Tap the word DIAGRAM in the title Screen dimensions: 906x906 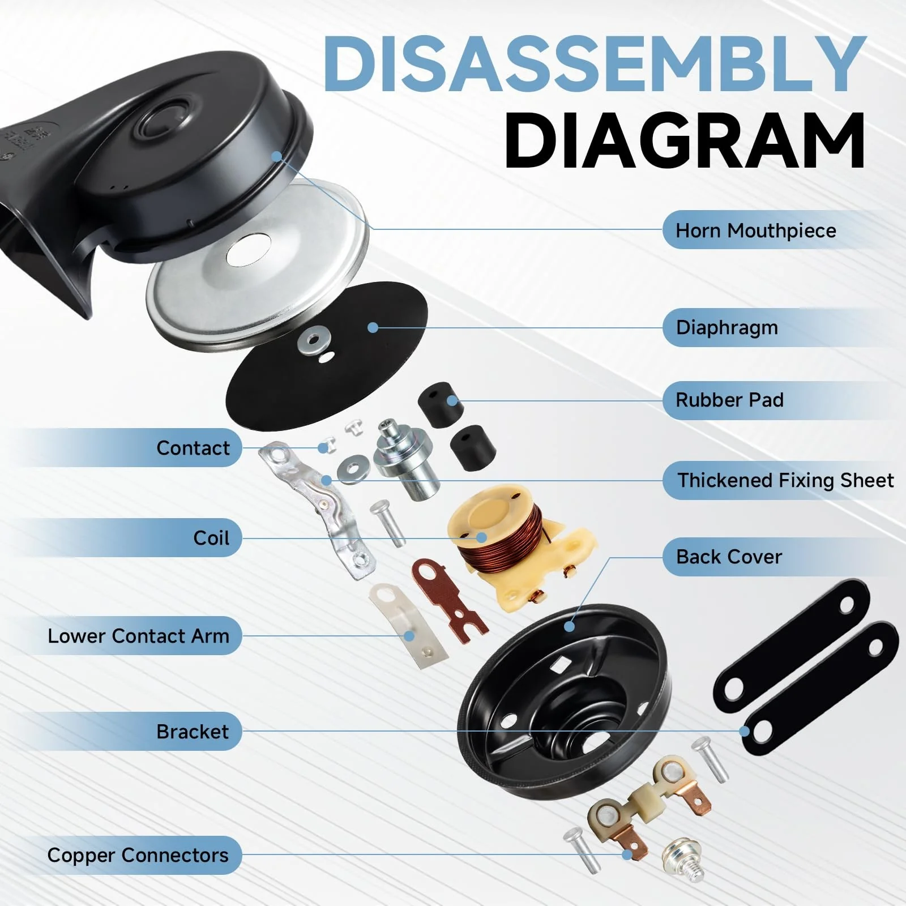(685, 140)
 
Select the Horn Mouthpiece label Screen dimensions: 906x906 (755, 230)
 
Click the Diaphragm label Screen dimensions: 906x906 (726, 328)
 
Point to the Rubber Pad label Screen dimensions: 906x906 (729, 400)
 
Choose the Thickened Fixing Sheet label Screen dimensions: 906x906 (785, 480)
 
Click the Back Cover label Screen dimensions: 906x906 (729, 557)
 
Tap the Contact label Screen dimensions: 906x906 (193, 448)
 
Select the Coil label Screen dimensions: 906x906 (211, 537)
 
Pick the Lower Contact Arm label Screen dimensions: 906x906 (138, 636)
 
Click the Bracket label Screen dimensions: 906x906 (193, 732)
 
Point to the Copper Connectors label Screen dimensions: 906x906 (138, 855)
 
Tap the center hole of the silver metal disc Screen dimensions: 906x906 (248, 251)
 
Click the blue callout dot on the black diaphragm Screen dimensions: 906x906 (373, 327)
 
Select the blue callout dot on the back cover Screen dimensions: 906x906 (569, 626)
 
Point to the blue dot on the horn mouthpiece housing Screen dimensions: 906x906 (276, 156)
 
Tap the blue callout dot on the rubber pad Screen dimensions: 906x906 (452, 401)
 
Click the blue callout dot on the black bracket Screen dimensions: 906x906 (745, 731)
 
